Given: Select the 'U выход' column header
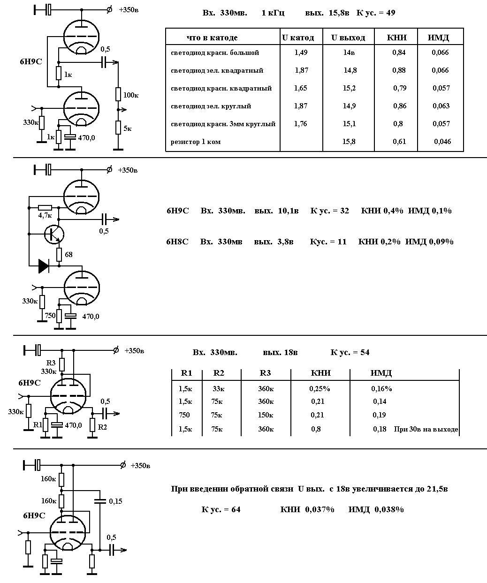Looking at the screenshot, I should (x=348, y=38).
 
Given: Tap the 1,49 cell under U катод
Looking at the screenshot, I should (x=301, y=53).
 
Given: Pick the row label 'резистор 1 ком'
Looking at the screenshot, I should (x=196, y=142).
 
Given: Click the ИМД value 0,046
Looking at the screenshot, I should (x=442, y=142).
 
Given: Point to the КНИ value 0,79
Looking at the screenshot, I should (x=400, y=88).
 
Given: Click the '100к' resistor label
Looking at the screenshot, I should (x=131, y=95).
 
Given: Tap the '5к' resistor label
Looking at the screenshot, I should (x=128, y=128).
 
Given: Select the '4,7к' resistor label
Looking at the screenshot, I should (x=45, y=215).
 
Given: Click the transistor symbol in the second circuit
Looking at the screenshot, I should (x=54, y=234).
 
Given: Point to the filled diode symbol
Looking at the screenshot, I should (x=44, y=266).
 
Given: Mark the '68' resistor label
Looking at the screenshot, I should (x=68, y=255).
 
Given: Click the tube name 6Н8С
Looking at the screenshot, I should (x=177, y=242).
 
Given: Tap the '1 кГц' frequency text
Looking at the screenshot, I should (x=273, y=13).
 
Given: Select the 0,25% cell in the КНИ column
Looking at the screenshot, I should (x=320, y=389).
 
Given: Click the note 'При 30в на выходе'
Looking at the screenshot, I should (x=426, y=429).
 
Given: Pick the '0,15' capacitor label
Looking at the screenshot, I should (x=115, y=501).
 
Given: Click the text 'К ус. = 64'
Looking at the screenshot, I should (x=221, y=509).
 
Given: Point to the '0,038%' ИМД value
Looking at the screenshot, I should (x=389, y=509).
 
